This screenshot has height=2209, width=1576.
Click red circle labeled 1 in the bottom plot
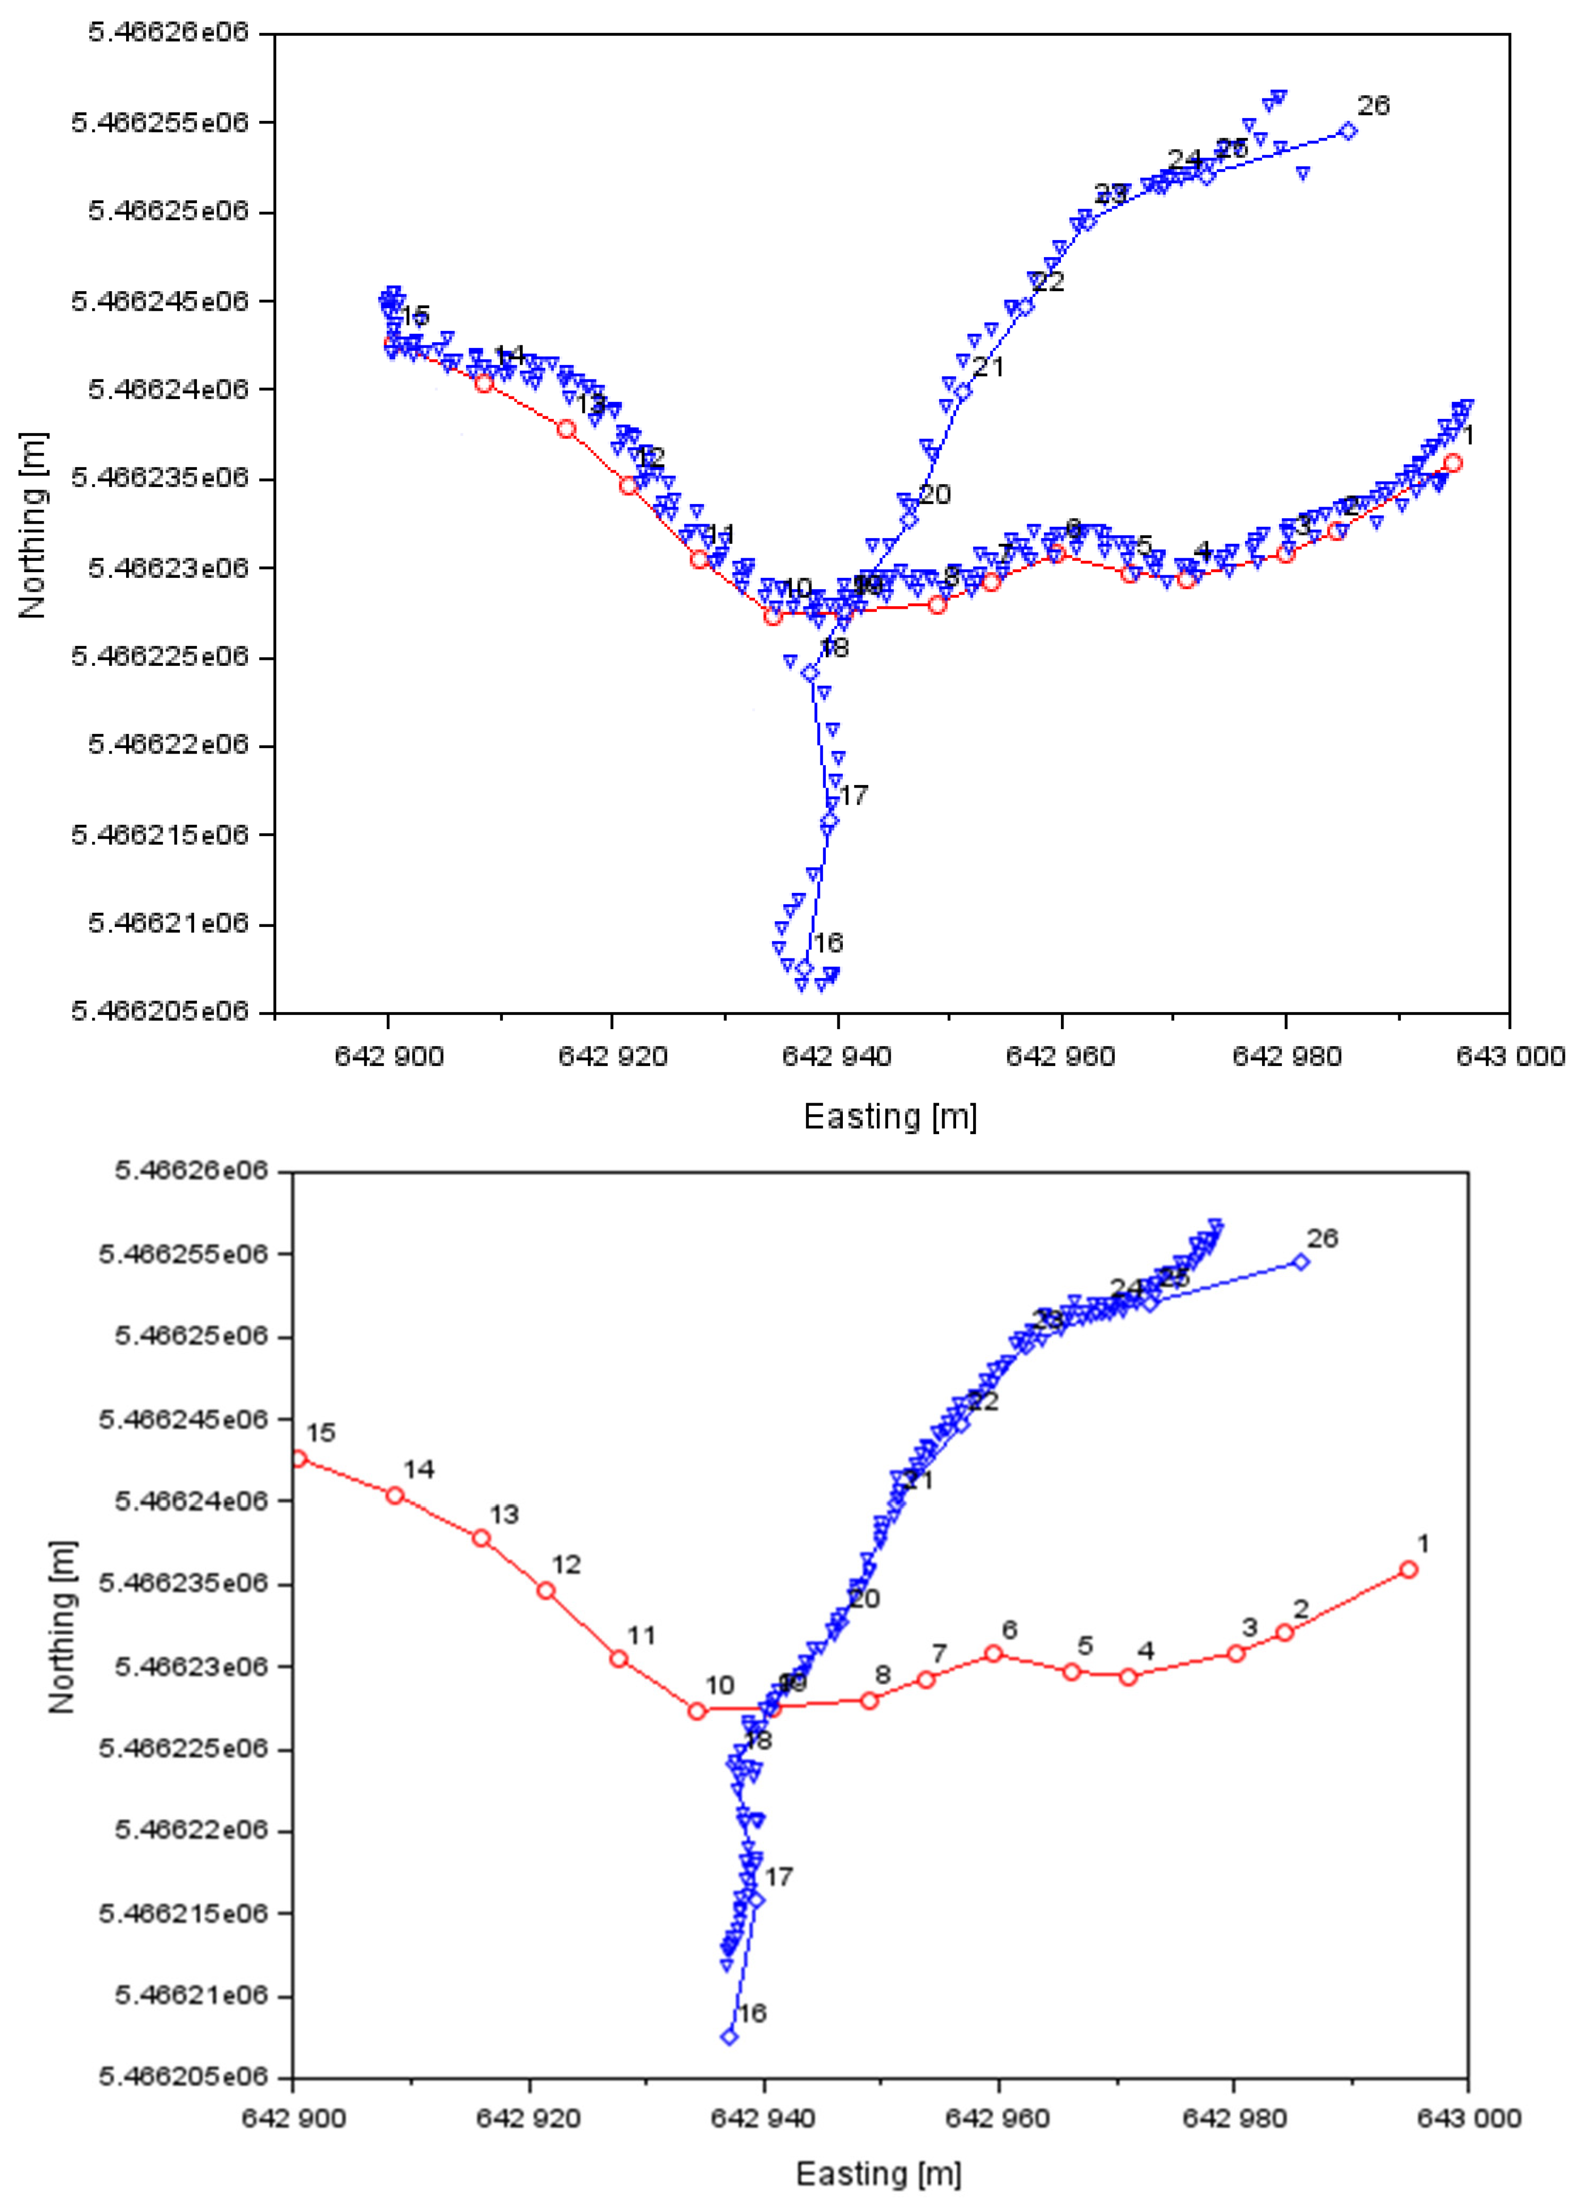point(1408,1569)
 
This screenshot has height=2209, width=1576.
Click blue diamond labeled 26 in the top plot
point(1348,131)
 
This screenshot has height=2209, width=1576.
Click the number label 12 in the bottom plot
point(566,1565)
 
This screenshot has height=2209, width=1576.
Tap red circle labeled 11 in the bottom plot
point(618,1659)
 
